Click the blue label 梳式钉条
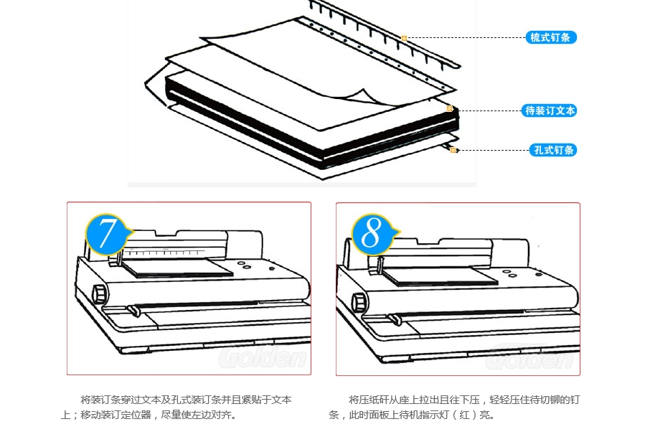[x=551, y=37]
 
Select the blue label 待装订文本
[x=550, y=110]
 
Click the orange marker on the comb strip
[x=405, y=38]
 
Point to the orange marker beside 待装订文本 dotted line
[x=450, y=109]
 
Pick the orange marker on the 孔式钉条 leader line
[x=453, y=150]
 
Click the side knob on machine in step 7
[x=99, y=293]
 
